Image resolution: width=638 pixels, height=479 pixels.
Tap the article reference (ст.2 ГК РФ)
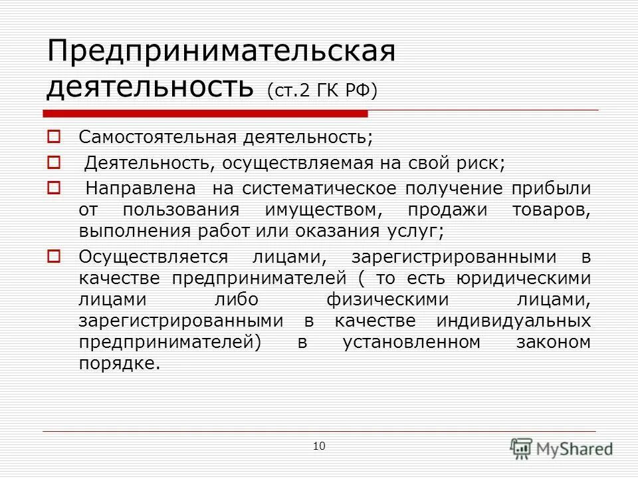322,89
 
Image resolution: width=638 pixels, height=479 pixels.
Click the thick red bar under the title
206,113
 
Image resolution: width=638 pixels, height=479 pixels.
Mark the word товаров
552,211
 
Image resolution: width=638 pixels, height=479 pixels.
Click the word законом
553,343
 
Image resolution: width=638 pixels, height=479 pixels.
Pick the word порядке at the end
119,365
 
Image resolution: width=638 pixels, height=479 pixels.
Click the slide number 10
319,446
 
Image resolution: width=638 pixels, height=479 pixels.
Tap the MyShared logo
562,448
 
